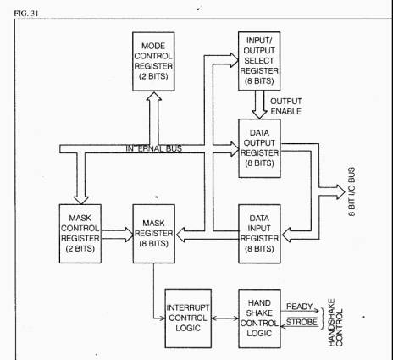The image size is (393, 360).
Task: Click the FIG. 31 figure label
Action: click(x=26, y=14)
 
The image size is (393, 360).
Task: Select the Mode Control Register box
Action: click(x=153, y=62)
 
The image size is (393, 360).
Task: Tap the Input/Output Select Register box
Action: click(x=259, y=61)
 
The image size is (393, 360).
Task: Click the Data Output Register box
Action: click(x=259, y=148)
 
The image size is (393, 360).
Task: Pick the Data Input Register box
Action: click(x=259, y=234)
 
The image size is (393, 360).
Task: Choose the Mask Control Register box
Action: click(x=80, y=234)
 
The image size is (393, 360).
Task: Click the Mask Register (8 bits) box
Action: click(x=154, y=234)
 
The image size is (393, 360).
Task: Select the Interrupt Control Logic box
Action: click(x=188, y=318)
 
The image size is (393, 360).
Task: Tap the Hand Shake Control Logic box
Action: click(x=259, y=318)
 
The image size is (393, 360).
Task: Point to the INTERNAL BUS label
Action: click(x=154, y=148)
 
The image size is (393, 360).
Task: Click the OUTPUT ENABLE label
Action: click(x=286, y=107)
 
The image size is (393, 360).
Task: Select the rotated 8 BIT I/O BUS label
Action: click(x=351, y=192)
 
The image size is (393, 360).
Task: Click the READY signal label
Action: click(x=300, y=307)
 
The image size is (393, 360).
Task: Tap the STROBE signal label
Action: click(x=302, y=322)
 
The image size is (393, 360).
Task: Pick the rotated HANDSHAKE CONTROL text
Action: click(x=335, y=323)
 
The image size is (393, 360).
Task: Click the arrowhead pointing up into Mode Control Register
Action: click(x=153, y=96)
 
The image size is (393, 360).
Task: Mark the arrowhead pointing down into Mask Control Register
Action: click(x=81, y=199)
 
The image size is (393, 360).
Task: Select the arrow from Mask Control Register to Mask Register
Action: click(x=118, y=235)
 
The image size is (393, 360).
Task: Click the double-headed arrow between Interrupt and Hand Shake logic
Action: click(x=225, y=318)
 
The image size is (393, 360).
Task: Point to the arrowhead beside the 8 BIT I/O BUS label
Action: click(x=341, y=192)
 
